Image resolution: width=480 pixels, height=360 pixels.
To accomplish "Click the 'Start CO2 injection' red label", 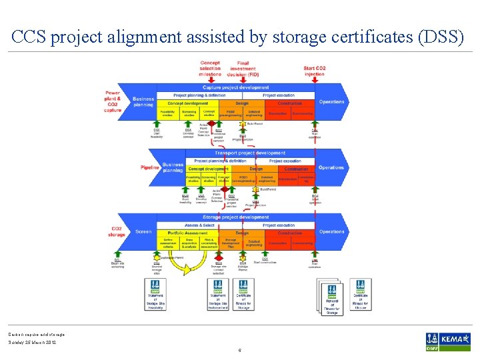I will coord(314,71).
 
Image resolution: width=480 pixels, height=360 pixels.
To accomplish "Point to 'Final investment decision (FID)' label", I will coord(242,68).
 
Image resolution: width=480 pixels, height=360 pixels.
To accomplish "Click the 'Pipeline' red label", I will coord(150,167).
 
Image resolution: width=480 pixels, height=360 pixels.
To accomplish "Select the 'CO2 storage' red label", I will coord(116,231).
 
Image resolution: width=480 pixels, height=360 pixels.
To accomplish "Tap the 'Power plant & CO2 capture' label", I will coord(113,101).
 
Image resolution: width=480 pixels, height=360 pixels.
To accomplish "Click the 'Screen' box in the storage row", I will coord(143,232).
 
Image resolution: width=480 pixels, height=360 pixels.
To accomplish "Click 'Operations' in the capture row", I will coord(331,102).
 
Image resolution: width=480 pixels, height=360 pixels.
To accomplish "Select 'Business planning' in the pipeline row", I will coord(173,167).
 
